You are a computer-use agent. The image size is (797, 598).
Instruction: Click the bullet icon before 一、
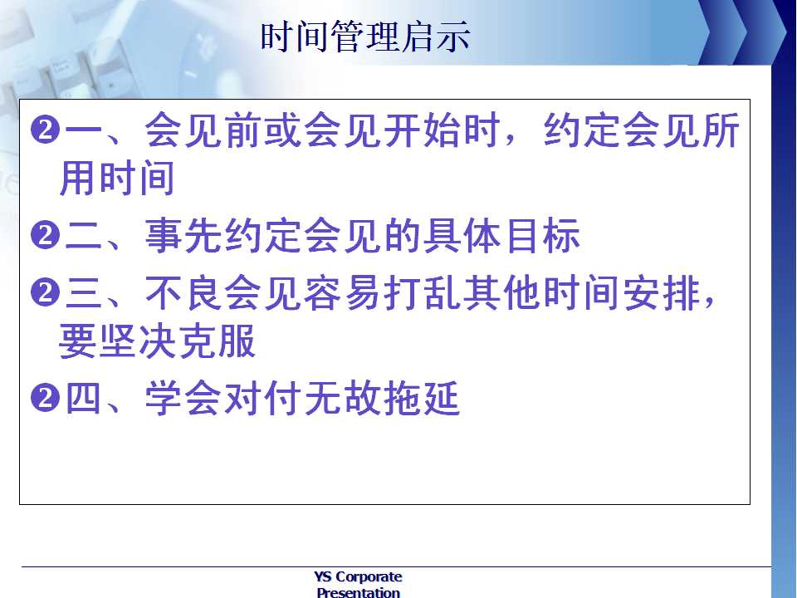click(45, 130)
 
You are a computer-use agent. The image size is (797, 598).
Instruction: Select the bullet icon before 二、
click(45, 235)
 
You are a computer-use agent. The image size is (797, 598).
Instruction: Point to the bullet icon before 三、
click(45, 292)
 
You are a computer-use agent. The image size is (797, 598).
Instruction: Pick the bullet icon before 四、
click(45, 398)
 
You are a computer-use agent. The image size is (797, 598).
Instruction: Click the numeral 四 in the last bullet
click(83, 398)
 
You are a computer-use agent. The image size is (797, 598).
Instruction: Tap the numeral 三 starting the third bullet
click(83, 293)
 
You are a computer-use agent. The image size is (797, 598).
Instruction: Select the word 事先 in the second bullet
click(184, 235)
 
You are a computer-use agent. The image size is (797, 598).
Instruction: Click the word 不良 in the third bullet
click(184, 292)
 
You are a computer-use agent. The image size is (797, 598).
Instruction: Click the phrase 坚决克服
click(177, 341)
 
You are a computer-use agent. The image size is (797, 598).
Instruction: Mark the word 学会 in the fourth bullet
click(184, 398)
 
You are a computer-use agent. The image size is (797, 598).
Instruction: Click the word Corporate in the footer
click(369, 577)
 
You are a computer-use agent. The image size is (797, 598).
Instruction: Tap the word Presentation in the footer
click(359, 592)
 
